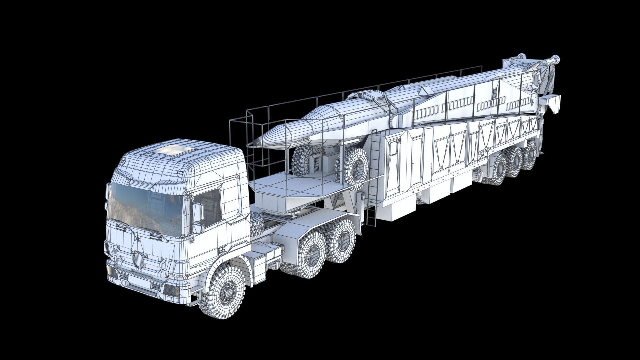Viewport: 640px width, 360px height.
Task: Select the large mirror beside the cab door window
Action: click(198, 213)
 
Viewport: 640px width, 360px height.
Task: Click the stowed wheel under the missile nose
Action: click(305, 160)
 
